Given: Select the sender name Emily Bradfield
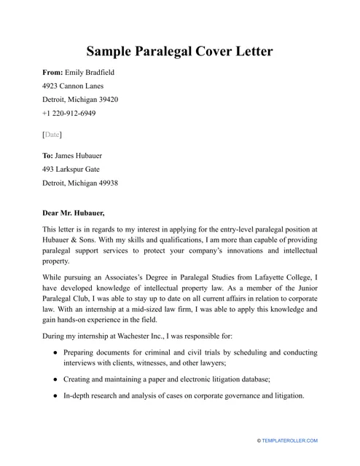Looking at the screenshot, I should pyautogui.click(x=90, y=73).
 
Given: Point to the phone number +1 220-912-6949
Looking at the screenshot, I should pyautogui.click(x=69, y=114).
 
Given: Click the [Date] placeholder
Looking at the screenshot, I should pyautogui.click(x=52, y=135).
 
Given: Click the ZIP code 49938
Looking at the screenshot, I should pyautogui.click(x=106, y=183).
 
